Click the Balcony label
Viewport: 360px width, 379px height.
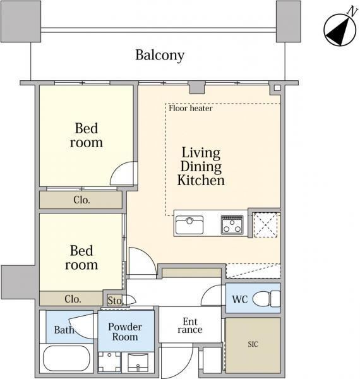tap(160, 56)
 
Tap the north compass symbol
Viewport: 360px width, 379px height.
tap(340, 28)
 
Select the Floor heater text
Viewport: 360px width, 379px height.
tap(190, 108)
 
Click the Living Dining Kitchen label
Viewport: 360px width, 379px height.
tap(201, 167)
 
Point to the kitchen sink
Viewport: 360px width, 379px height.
tap(189, 224)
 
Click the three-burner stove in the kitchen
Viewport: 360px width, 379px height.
tap(232, 224)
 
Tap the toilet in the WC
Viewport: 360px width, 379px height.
tap(267, 299)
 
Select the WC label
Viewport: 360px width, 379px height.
tap(240, 299)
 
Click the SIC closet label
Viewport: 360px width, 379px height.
tap(253, 344)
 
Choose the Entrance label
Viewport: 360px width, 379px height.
tap(190, 325)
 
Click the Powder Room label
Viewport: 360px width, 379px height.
tap(125, 332)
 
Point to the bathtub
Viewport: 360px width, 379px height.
tap(66, 358)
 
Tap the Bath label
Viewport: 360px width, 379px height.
tap(64, 330)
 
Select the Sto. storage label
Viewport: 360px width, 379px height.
tap(116, 301)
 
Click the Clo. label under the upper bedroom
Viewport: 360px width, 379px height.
tap(81, 200)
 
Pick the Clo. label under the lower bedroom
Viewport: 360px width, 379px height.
tap(73, 299)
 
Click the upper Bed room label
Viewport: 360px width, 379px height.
tap(87, 135)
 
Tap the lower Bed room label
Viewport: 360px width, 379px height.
tap(81, 258)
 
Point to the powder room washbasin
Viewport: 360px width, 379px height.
tap(138, 362)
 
